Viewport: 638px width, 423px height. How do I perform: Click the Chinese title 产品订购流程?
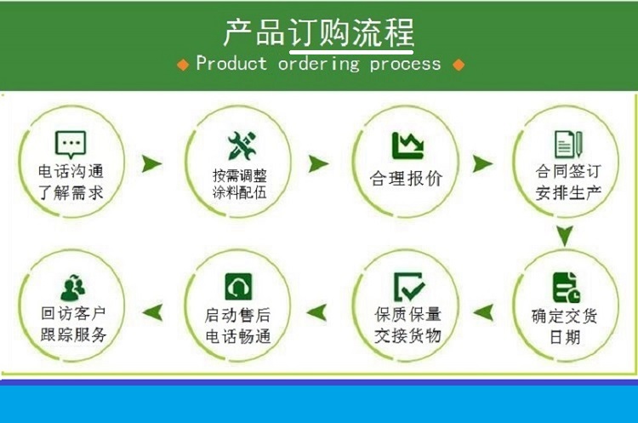click(319, 32)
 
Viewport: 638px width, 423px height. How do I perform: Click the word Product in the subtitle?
click(231, 64)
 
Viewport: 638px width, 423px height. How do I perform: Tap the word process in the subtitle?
click(405, 65)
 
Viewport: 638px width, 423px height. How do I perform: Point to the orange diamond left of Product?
click(183, 65)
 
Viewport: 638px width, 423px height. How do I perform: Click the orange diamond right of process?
click(459, 65)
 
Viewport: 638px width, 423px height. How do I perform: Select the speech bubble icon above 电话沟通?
click(71, 145)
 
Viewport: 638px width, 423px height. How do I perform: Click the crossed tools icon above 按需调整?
click(242, 146)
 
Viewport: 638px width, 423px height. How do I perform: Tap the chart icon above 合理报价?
click(407, 146)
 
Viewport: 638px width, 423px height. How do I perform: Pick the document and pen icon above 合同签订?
click(568, 145)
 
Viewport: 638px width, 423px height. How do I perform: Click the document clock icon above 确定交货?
click(567, 288)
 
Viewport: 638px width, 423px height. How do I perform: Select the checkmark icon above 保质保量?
click(409, 287)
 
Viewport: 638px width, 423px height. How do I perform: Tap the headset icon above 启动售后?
click(238, 287)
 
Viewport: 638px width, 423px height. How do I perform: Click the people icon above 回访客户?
click(73, 288)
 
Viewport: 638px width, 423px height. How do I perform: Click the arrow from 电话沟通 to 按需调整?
click(151, 163)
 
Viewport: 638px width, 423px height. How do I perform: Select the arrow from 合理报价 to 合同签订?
click(482, 163)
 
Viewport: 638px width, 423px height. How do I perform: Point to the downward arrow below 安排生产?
click(565, 236)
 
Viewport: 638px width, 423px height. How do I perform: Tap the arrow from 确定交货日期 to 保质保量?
click(483, 312)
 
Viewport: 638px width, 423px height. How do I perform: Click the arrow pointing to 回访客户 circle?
click(152, 312)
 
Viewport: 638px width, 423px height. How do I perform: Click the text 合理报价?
click(406, 179)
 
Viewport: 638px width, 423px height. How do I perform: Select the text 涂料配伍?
click(240, 192)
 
